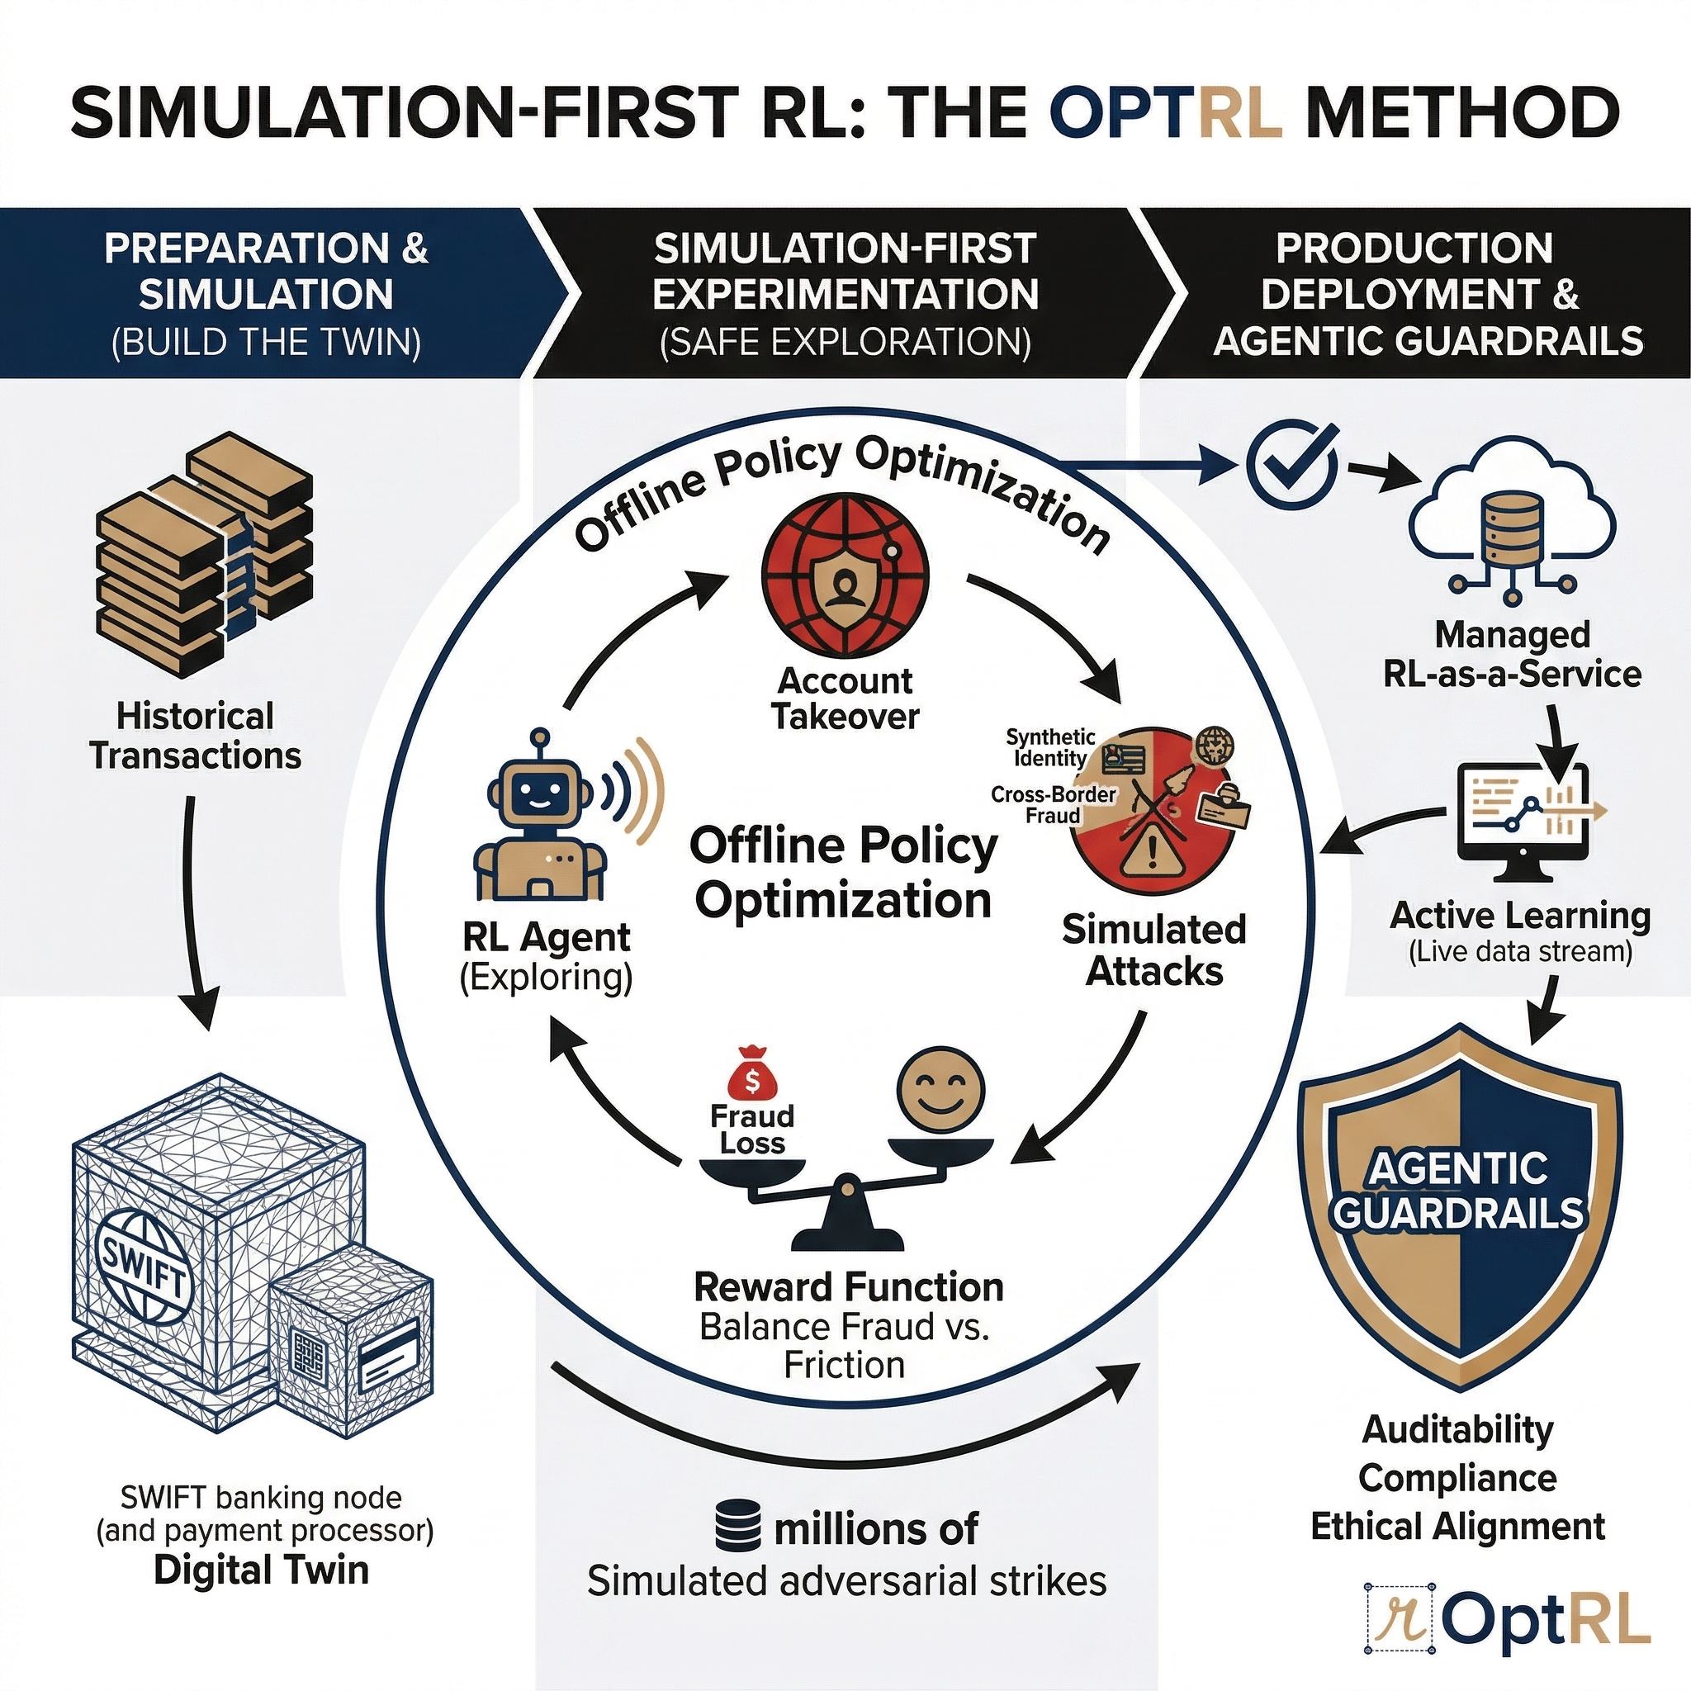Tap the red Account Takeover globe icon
845,577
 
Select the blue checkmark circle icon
1292,462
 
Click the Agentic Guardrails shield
1458,1207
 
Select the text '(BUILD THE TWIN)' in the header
266,341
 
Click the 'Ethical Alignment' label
1457,1526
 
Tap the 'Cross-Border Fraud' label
1053,804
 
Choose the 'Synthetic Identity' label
1050,747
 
